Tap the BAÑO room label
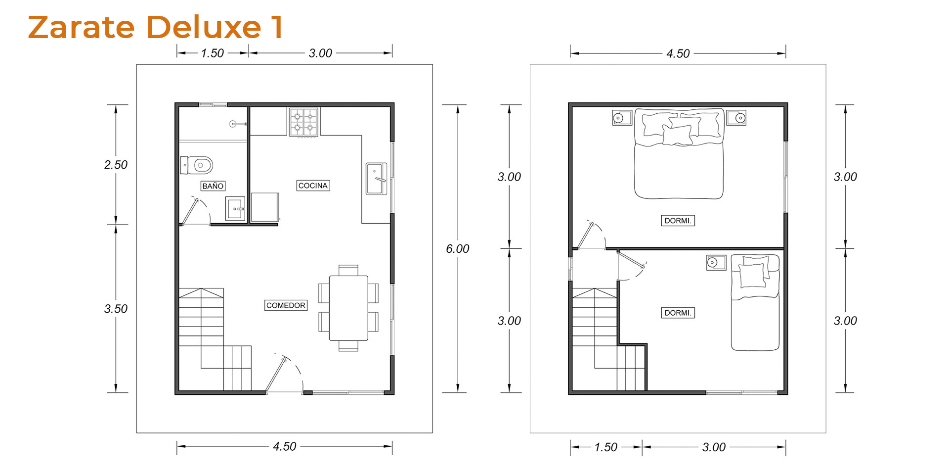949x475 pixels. pyautogui.click(x=213, y=186)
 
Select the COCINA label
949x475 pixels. pyautogui.click(x=313, y=186)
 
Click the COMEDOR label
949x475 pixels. pyautogui.click(x=286, y=305)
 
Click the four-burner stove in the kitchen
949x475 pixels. pyautogui.click(x=303, y=122)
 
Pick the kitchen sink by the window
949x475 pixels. pyautogui.click(x=376, y=179)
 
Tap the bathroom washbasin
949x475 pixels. pyautogui.click(x=235, y=208)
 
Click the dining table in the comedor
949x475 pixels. pyautogui.click(x=348, y=308)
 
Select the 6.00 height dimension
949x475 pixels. pyautogui.click(x=458, y=249)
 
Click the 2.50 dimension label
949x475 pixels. pyautogui.click(x=116, y=165)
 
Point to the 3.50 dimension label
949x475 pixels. pyautogui.click(x=116, y=309)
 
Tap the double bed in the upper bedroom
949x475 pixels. pyautogui.click(x=679, y=153)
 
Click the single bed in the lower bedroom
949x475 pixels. pyautogui.click(x=755, y=302)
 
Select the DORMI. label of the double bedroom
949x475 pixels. pyautogui.click(x=678, y=221)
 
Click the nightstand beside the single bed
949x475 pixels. pyautogui.click(x=716, y=262)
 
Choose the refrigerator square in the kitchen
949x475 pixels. pyautogui.click(x=265, y=207)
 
